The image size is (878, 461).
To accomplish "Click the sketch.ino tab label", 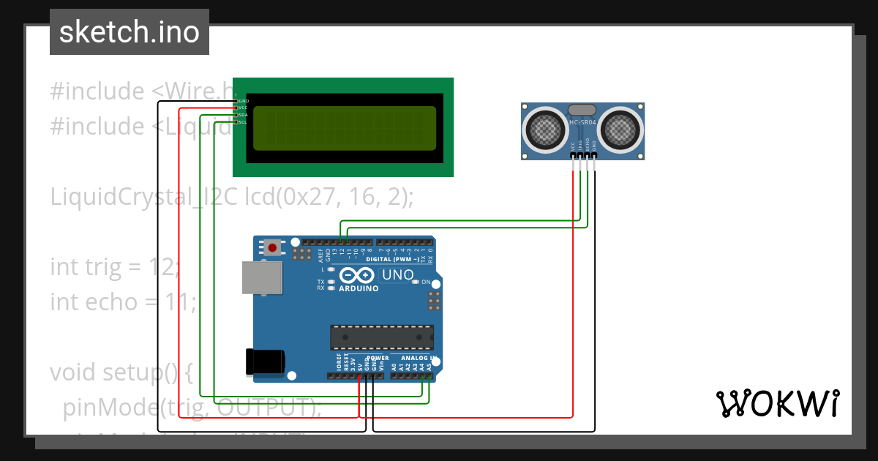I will point(129,32).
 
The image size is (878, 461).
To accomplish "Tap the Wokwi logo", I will point(777,403).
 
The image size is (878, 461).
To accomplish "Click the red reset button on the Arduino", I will point(273,248).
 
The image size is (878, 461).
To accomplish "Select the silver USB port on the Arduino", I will point(262,278).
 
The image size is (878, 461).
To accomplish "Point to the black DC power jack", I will point(265,361).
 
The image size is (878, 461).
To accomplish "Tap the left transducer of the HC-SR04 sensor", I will point(544,130).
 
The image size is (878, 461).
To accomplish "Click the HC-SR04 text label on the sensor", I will point(583,122).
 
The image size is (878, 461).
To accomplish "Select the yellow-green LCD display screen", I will point(345,128).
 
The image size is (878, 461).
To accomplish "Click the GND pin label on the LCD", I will point(243,101).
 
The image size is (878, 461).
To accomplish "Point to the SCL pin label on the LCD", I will point(243,122).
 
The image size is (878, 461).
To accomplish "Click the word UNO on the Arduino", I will point(398,275).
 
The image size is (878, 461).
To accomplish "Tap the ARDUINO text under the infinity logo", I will point(359,288).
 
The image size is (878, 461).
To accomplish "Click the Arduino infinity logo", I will point(357,276).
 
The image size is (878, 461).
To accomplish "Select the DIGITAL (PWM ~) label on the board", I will point(392,260).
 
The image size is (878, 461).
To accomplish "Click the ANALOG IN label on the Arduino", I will point(418,359).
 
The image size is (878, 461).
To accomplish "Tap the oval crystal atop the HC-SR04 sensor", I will point(583,109).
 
